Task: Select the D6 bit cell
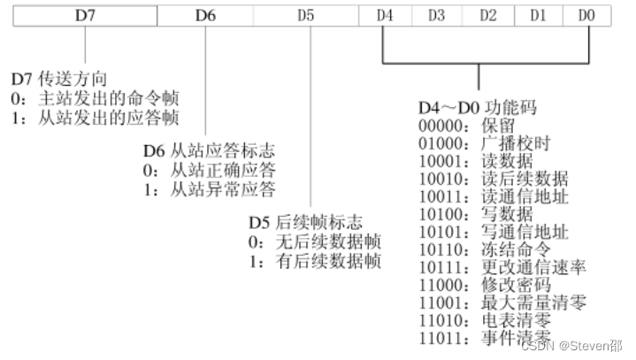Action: click(204, 15)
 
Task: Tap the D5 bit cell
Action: click(305, 15)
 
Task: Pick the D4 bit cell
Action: click(384, 15)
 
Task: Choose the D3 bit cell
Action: click(436, 15)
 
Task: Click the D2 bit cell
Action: click(488, 15)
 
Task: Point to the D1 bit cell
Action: click(539, 15)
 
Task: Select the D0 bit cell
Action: click(588, 15)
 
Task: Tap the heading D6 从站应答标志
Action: click(209, 151)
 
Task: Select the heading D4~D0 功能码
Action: click(475, 108)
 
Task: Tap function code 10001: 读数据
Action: click(476, 160)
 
